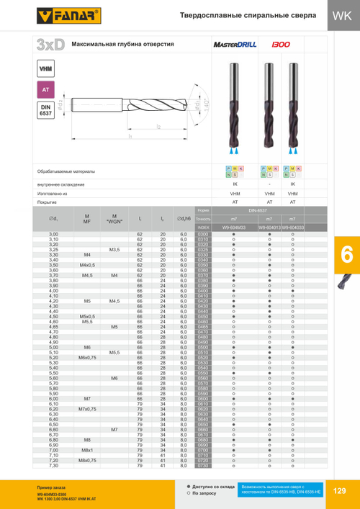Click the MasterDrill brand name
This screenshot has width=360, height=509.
[236, 45]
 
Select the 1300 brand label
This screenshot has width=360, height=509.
[281, 45]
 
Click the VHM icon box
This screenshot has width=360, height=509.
[44, 70]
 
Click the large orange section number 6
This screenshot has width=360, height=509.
[343, 256]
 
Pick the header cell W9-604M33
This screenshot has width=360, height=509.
[234, 228]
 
